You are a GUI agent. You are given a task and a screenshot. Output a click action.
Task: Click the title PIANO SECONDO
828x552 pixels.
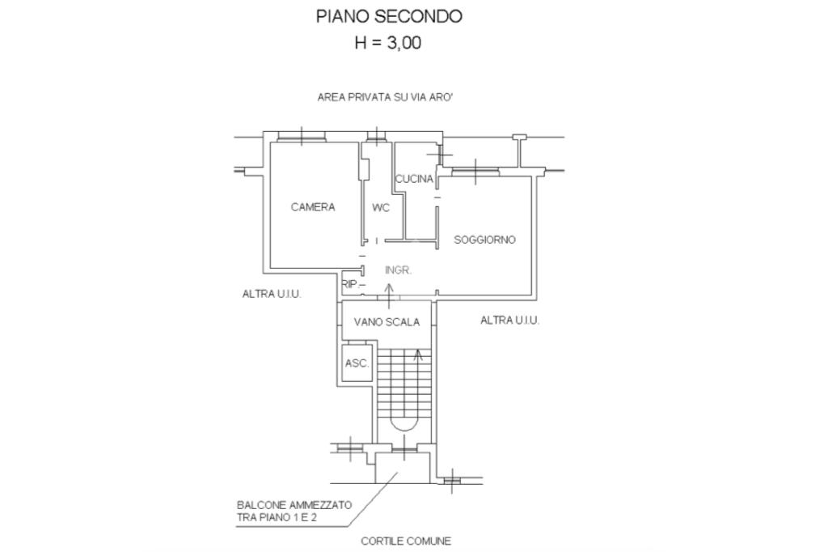389,16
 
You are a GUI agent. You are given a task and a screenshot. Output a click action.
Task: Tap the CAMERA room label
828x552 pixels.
313,207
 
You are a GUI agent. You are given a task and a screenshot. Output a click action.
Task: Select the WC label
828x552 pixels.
381,208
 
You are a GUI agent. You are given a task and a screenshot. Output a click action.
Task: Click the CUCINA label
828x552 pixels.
414,180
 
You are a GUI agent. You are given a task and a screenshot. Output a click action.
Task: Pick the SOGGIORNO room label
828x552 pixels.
484,240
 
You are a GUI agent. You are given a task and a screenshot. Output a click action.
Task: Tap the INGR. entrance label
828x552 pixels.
398,270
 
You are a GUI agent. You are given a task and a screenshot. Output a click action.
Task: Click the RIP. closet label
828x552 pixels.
350,284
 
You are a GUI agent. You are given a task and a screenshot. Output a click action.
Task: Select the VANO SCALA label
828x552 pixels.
387,322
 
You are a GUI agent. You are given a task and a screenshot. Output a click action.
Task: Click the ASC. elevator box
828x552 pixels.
357,363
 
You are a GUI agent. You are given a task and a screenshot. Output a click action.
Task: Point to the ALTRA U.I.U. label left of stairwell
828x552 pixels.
272,294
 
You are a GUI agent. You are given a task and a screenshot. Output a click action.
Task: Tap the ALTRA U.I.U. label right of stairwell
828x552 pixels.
509,321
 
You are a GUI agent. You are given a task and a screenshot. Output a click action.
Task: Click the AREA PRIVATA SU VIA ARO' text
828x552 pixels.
390,96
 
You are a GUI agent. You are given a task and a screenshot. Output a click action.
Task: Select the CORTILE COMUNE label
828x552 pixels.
406,541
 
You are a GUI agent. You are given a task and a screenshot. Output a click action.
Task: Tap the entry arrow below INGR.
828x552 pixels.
388,295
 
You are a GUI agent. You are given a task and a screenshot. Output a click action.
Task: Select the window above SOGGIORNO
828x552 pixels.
475,171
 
